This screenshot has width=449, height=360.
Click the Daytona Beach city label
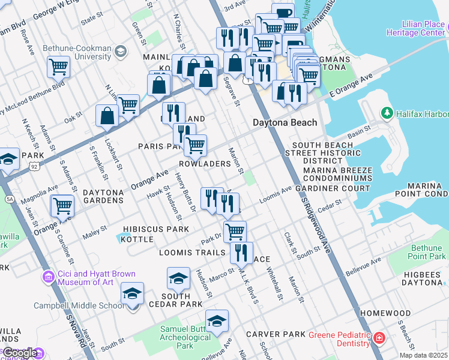tap(284, 123)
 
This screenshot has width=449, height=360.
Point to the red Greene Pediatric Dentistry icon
tap(378, 338)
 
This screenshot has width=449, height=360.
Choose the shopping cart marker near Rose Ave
tap(59, 67)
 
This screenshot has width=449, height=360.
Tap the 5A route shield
tap(9, 199)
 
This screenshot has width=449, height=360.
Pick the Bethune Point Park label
tap(429, 252)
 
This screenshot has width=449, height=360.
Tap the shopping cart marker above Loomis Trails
tap(235, 230)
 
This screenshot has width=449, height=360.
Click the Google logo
tap(20, 353)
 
